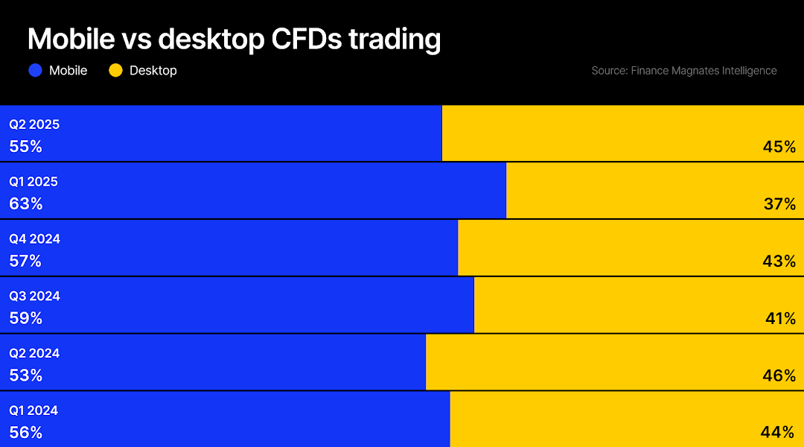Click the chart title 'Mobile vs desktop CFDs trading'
(234, 39)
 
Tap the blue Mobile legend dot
(35, 71)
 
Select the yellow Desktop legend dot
(115, 71)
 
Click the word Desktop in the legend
(153, 71)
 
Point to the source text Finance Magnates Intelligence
(683, 71)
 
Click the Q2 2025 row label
(34, 124)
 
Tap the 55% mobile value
(25, 147)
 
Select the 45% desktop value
(779, 147)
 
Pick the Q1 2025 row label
(33, 182)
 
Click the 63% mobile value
(25, 204)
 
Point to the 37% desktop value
(779, 204)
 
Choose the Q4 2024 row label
(34, 239)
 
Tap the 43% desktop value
(779, 261)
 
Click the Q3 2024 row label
(34, 296)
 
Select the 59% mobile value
(25, 319)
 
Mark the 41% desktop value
(780, 319)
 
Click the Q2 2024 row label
(34, 353)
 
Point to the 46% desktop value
(779, 376)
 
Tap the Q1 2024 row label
(33, 410)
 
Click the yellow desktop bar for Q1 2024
(610, 419)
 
